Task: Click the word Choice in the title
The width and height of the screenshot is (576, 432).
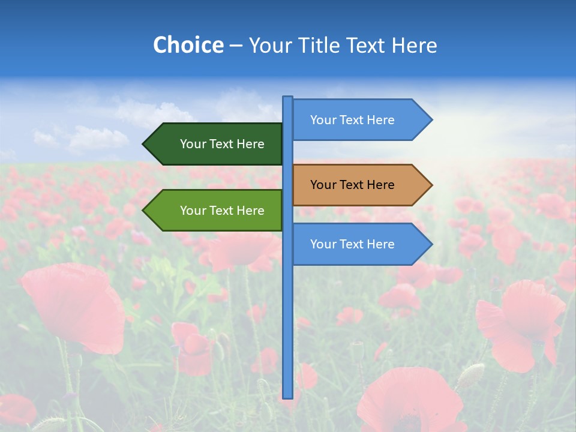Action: click(x=188, y=45)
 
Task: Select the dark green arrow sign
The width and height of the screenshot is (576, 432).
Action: click(x=213, y=144)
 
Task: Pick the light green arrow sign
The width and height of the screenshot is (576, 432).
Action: click(x=213, y=211)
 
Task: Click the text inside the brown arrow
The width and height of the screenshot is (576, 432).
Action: click(x=352, y=185)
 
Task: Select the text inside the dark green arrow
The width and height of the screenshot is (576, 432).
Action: click(x=222, y=144)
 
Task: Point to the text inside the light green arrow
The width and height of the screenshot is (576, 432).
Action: click(x=222, y=211)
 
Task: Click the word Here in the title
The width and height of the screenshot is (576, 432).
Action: click(x=414, y=45)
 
